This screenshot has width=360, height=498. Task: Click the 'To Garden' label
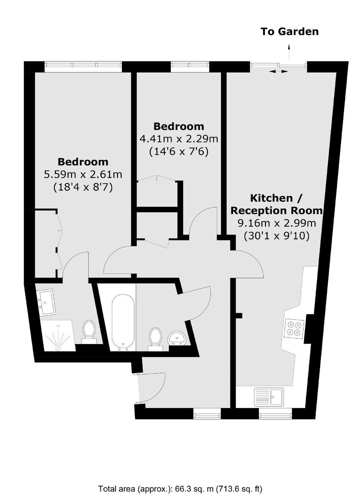290,31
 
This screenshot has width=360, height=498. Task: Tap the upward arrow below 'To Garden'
289,52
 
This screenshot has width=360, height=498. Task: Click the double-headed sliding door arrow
278,71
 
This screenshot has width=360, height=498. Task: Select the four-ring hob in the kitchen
294,329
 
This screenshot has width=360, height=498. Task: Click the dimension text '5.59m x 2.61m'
83,175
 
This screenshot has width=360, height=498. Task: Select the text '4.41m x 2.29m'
179,139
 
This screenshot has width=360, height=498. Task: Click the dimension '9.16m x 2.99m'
277,223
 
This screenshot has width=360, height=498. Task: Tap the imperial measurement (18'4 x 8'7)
83,187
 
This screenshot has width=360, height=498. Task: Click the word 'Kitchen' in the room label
272,198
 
